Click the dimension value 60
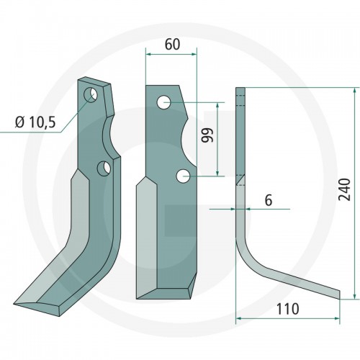pyautogui.click(x=172, y=45)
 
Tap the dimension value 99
pyautogui.click(x=207, y=135)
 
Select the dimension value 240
pyautogui.click(x=344, y=189)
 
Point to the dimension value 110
pyautogui.click(x=288, y=309)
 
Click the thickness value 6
pyautogui.click(x=269, y=200)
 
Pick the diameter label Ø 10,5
pyautogui.click(x=35, y=122)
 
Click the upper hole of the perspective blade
pyautogui.click(x=90, y=95)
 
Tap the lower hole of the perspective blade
pyautogui.click(x=104, y=168)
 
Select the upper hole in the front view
pyautogui.click(x=164, y=102)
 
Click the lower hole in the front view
pyautogui.click(x=183, y=176)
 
